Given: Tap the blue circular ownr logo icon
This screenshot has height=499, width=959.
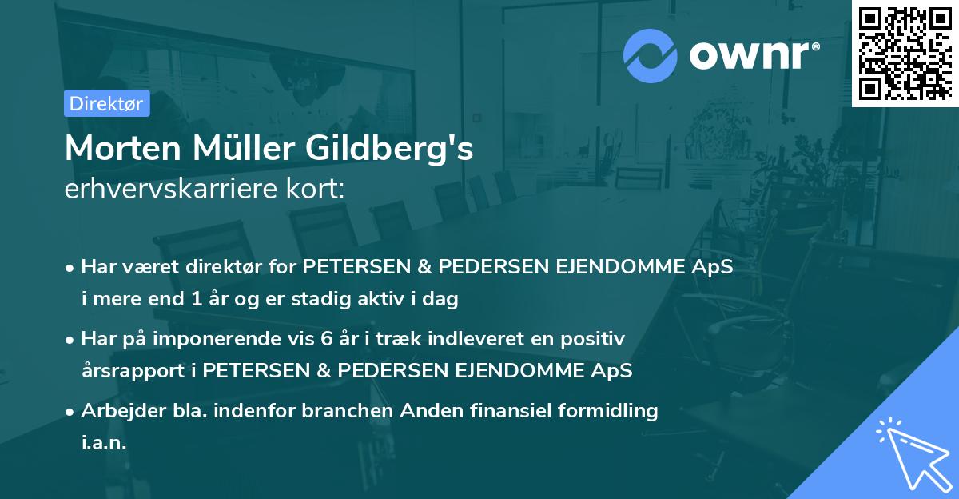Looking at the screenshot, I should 650,54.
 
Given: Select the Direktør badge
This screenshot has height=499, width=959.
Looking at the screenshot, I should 106,103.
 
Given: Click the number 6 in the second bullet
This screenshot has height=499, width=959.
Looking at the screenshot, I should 325,339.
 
